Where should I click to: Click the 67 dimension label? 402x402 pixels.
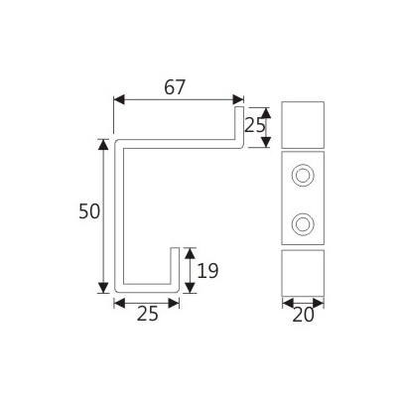tap(175, 86)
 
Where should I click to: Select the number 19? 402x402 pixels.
tap(207, 270)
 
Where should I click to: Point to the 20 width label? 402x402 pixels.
tap(305, 316)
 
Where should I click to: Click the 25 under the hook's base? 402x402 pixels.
tap(147, 315)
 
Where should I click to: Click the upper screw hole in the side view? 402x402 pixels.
tap(304, 177)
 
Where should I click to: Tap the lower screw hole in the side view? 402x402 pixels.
tap(304, 220)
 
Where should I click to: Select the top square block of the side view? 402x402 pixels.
tap(304, 123)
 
